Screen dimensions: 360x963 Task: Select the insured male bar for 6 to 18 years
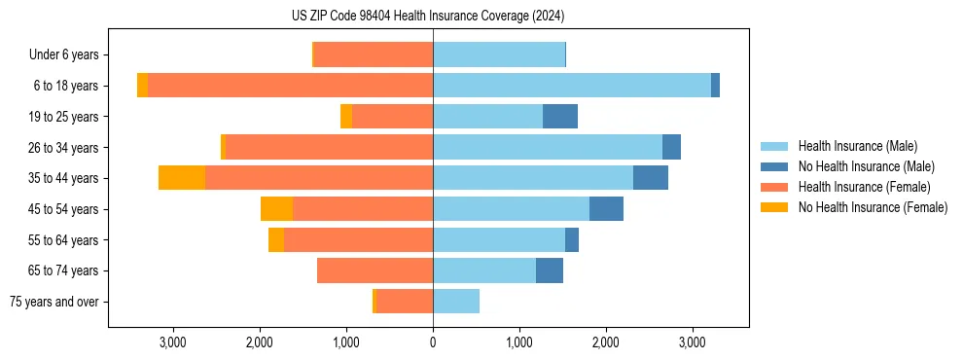point(572,86)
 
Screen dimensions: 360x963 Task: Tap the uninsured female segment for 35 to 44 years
point(182,178)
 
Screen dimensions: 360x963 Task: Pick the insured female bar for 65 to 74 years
point(375,270)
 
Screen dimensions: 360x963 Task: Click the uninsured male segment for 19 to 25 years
point(560,117)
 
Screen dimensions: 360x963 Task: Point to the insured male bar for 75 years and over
point(456,302)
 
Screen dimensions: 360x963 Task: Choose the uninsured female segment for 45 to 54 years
point(276,209)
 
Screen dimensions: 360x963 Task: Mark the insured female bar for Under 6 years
point(374,54)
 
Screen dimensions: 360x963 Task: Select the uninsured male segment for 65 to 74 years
point(550,270)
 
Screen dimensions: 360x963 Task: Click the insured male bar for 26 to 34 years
point(548,147)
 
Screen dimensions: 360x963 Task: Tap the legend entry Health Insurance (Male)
point(857,146)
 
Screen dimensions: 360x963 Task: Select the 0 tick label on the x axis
point(433,342)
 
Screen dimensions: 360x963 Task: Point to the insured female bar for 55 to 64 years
point(359,239)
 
